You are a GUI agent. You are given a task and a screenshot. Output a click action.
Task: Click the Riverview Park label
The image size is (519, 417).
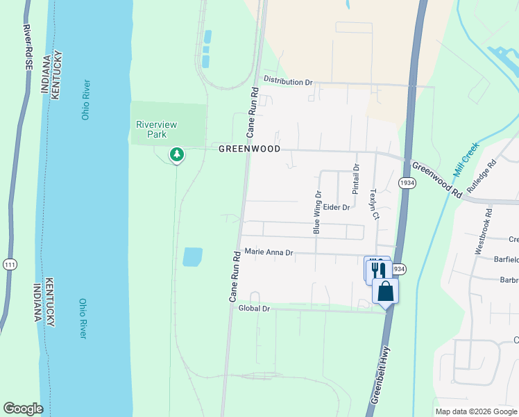pos(156,129)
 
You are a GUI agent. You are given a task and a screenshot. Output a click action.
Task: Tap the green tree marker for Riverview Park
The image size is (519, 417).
pos(177,154)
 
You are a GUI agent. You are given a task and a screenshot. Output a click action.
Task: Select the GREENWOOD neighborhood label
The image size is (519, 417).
pos(249,149)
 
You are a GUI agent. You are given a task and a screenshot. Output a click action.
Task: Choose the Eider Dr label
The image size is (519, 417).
pos(336,207)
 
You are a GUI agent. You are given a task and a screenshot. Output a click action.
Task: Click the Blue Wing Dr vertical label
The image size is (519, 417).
pos(317,213)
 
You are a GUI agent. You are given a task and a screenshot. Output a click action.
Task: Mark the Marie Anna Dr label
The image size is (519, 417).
pos(269,253)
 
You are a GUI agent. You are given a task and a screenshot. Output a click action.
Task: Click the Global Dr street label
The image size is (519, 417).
pos(253,308)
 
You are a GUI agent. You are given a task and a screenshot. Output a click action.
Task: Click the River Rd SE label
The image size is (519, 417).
pos(28,47)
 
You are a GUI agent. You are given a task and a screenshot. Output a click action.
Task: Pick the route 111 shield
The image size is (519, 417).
pos(9,265)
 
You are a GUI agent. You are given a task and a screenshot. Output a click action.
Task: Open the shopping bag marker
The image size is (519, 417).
pos(385,291)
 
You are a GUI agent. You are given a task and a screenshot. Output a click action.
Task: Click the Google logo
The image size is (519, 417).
pos(23,409)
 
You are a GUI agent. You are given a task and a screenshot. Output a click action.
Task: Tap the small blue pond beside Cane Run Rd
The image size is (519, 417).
pos(192,257)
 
